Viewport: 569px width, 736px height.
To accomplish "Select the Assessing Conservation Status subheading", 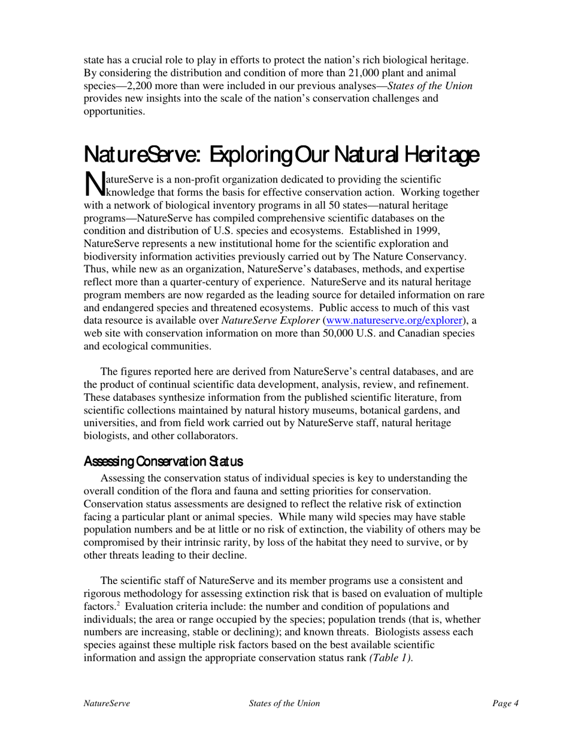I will pyautogui.click(x=164, y=461).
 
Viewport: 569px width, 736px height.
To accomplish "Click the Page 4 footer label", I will pyautogui.click(x=506, y=704).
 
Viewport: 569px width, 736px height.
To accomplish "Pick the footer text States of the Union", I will pyautogui.click(x=284, y=704).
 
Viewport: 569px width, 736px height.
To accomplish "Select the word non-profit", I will pyautogui.click(x=178, y=180).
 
